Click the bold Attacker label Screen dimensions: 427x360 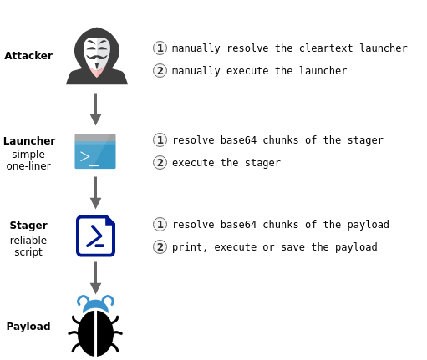pos(28,56)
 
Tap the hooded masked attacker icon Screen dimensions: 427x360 pos(97,56)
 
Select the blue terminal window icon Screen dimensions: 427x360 pos(95,151)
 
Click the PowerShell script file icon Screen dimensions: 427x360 pos(95,236)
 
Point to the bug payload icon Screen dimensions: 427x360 pos(95,326)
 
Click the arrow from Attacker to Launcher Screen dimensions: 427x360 pos(95,109)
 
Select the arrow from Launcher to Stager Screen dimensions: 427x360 pos(95,193)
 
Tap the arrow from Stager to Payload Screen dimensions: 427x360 pos(95,278)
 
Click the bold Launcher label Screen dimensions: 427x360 pos(29,141)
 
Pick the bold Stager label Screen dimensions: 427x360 pos(28,226)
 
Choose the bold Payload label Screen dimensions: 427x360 pos(28,327)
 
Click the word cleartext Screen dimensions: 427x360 pos(326,48)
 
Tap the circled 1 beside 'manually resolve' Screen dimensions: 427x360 pos(160,48)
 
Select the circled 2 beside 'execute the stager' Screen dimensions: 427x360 pos(160,163)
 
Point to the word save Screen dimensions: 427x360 pos(293,247)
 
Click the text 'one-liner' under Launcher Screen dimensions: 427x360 pos(28,166)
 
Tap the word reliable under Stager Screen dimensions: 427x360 pos(28,240)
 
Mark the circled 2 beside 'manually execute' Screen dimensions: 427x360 pos(160,71)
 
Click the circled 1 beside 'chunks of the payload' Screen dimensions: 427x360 pos(160,225)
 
